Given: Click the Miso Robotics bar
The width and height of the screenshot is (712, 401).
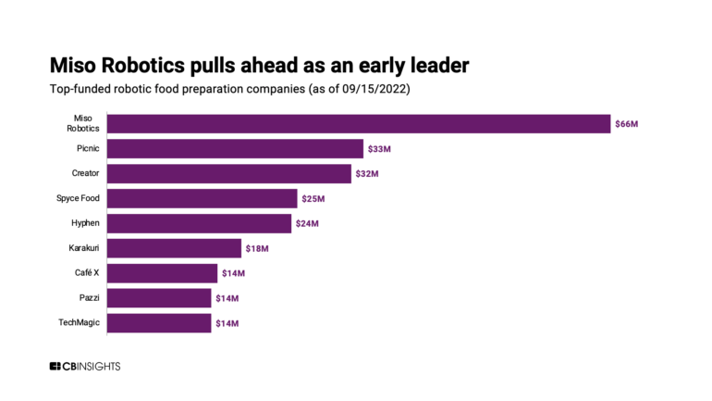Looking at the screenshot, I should (x=359, y=124).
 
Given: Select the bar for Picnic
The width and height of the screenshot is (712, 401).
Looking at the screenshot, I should (x=235, y=148).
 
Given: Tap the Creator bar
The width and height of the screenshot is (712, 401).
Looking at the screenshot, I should (x=229, y=173).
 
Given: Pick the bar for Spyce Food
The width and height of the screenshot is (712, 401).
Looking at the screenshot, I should (x=203, y=198).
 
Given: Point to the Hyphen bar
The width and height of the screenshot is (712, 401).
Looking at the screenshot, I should (x=199, y=223).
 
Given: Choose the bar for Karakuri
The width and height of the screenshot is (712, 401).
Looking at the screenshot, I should (x=174, y=248).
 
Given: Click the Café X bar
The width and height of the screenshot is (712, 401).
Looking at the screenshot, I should (x=162, y=273).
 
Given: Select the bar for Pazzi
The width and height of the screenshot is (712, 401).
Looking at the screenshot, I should (x=159, y=297).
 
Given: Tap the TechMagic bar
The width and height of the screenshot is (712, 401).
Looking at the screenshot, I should (x=159, y=322).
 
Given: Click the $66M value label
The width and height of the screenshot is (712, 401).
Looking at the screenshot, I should (x=626, y=124).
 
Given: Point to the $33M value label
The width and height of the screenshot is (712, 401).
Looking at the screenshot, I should (x=379, y=148).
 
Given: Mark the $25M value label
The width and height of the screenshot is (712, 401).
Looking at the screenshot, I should (x=313, y=198).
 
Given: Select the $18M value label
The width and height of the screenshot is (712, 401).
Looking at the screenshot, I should (x=257, y=248).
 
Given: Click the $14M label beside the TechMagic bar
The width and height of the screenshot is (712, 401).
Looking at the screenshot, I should (x=227, y=322).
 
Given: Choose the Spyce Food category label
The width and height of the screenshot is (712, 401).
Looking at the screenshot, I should (x=78, y=198).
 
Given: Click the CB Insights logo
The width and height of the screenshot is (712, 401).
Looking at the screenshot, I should (x=85, y=367).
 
